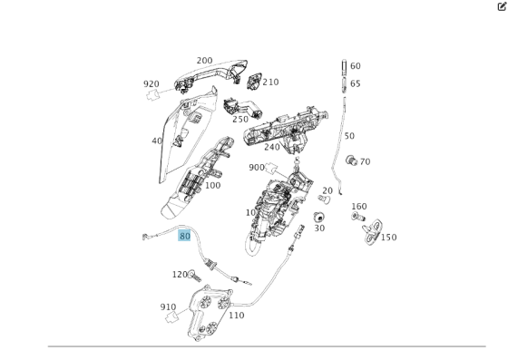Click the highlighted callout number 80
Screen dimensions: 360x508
[x=185, y=236]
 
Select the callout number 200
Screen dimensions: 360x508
[x=204, y=60]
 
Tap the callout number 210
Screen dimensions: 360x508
[x=271, y=82]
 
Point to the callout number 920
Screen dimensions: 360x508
[x=151, y=83]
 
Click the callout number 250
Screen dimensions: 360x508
[x=240, y=119]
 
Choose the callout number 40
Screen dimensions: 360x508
[x=157, y=141]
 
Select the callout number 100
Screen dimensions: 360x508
[x=212, y=185]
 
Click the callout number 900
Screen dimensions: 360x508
[x=257, y=167]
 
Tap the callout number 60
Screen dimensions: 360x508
[x=356, y=66]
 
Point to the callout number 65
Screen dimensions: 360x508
[x=356, y=83]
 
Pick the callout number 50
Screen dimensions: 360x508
[x=349, y=136]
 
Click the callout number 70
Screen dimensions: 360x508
[x=365, y=162]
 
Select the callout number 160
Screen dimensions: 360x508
[x=359, y=207]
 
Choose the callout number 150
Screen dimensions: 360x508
[x=388, y=238]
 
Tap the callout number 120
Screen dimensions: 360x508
[x=180, y=274]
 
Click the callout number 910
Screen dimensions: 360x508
[x=168, y=306]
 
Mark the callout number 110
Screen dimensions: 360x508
[x=236, y=316]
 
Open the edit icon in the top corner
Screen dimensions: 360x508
[x=502, y=5]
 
